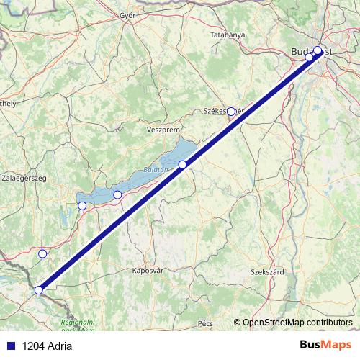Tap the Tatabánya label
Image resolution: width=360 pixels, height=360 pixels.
point(228,35)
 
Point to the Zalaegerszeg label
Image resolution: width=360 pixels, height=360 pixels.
point(24,176)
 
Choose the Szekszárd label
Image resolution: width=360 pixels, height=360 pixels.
point(267,273)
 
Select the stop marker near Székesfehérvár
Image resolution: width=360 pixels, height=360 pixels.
point(231,112)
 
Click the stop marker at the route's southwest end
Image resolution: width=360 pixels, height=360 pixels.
point(39,291)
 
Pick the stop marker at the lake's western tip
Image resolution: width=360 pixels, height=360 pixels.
point(82,206)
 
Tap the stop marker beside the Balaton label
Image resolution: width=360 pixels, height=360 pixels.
point(183,165)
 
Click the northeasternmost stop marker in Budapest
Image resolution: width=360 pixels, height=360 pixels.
point(318,51)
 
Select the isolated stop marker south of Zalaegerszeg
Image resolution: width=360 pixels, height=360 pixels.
point(42,253)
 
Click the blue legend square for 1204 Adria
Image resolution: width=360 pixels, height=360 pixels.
point(10,346)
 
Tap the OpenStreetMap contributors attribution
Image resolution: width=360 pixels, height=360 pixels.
point(297,322)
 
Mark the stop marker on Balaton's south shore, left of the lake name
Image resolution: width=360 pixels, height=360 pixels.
point(117,194)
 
